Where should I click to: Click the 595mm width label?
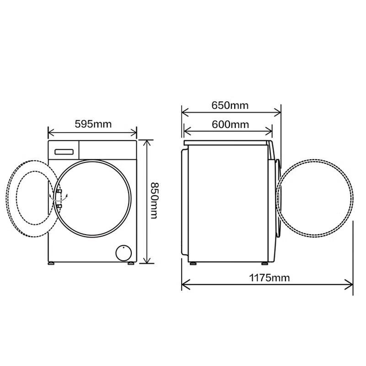[93, 124]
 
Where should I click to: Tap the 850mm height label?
[154, 200]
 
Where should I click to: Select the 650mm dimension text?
[230, 105]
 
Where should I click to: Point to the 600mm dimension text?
[230, 124]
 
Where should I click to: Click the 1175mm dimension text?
[269, 278]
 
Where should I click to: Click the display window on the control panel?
[64, 152]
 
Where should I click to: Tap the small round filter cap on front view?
[124, 253]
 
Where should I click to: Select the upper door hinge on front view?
[59, 191]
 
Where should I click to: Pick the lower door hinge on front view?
[59, 206]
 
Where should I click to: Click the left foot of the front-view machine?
[51, 264]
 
